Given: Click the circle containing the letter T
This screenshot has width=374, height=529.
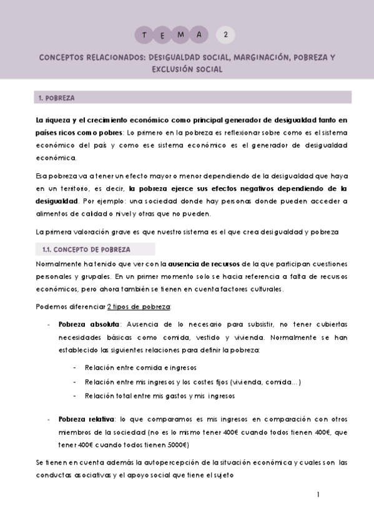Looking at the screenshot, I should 145,35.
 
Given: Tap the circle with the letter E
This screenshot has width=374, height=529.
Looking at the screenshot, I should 163,35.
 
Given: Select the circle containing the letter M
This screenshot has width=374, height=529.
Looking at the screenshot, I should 181,35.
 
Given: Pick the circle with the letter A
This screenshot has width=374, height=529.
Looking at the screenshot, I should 199,35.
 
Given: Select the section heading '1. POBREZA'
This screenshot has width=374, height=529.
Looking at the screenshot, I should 56,98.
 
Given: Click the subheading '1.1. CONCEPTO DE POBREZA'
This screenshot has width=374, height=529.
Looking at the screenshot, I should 86,250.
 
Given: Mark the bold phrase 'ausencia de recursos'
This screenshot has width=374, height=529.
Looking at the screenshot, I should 204,264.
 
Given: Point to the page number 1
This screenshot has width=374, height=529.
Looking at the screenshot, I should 318,495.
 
